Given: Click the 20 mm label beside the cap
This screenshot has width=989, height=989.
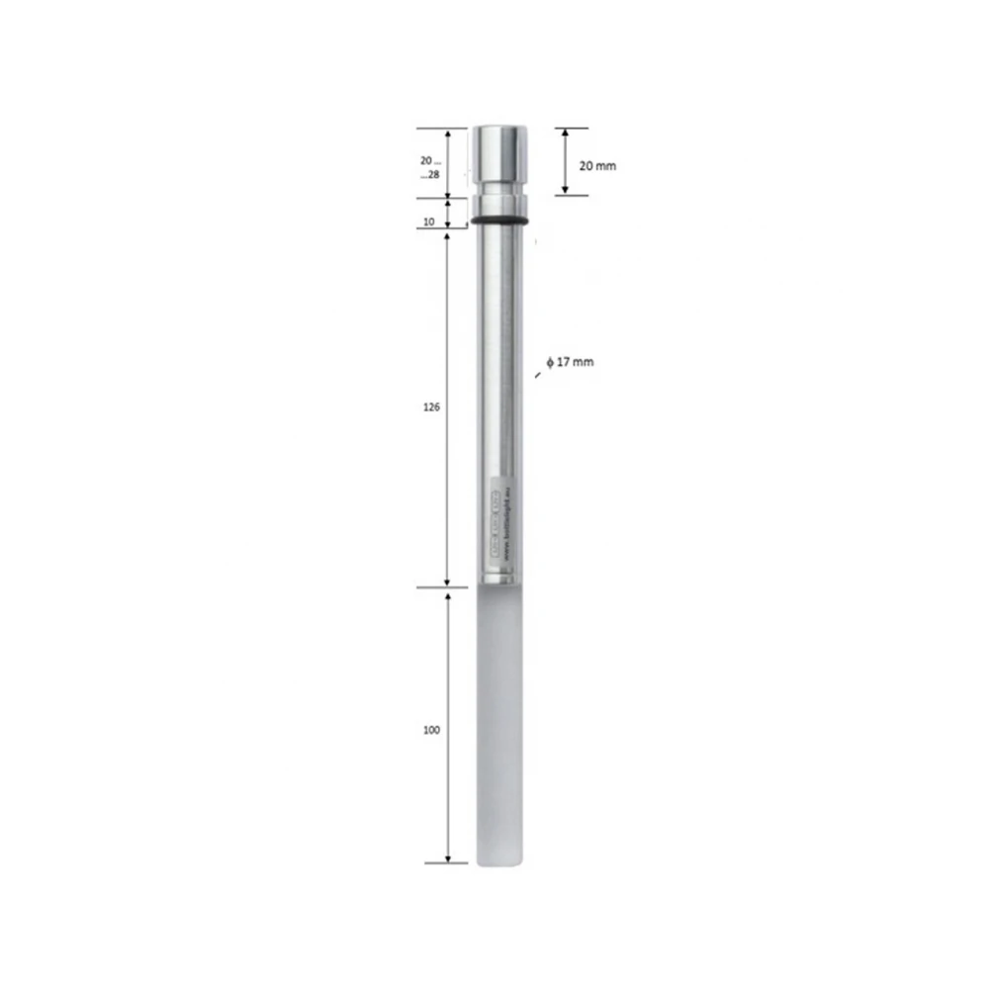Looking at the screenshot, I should (596, 165).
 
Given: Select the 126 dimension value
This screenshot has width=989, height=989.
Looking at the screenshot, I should (430, 406).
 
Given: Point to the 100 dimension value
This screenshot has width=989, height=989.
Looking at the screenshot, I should (430, 730).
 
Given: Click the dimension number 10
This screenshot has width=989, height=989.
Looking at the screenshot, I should (428, 223).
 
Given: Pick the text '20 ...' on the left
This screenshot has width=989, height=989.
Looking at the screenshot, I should (429, 160).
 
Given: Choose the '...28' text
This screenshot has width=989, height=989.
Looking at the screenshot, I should (429, 175).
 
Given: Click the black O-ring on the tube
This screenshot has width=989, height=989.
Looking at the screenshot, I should (499, 220).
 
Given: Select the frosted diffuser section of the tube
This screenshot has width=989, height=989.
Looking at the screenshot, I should (499, 722).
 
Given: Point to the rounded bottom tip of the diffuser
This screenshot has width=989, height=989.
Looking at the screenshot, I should (499, 865).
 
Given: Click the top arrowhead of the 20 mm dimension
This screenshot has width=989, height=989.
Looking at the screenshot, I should (565, 132).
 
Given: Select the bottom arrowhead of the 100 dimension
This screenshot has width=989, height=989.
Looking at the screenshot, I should (448, 857).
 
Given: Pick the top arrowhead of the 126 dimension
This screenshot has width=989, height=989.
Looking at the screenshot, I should (448, 234).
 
